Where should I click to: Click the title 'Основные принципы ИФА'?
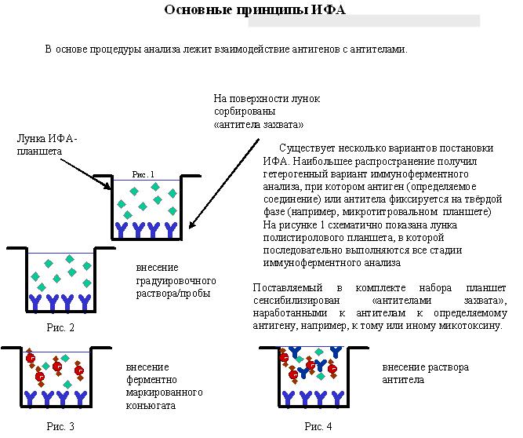[255, 9]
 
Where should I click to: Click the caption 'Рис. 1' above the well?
[143, 174]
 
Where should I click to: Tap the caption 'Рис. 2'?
[60, 327]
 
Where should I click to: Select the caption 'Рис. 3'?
[60, 426]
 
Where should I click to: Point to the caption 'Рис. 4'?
[318, 426]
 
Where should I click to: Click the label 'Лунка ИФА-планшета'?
[47, 145]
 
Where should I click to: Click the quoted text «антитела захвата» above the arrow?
[259, 125]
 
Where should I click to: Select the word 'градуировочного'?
[176, 281]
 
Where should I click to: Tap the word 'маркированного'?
[164, 392]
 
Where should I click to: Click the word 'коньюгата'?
[151, 406]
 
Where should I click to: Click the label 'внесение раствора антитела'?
[425, 374]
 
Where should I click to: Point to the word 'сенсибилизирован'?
[296, 300]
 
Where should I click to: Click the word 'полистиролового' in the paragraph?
[303, 238]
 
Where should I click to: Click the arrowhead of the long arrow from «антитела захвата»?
[191, 226]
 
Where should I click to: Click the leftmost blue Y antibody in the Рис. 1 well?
[120, 230]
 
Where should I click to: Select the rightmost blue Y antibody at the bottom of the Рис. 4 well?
[337, 398]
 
